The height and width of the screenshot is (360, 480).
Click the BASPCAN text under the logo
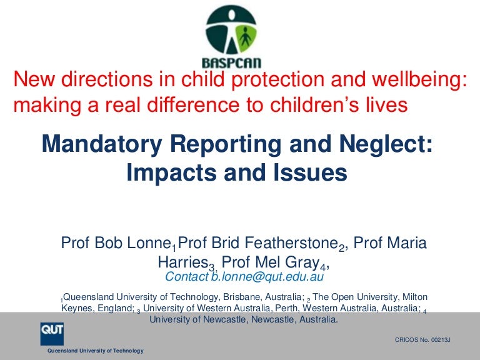[x=231, y=62]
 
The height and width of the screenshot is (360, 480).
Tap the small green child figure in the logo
[x=245, y=37]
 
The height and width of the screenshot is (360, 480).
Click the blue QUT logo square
[x=52, y=334]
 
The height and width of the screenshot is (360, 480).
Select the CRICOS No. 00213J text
[x=422, y=340]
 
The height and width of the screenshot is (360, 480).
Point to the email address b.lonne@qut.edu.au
[x=267, y=276]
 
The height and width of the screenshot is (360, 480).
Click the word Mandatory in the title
[x=102, y=144]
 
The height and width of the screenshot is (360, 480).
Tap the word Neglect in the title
[x=386, y=144]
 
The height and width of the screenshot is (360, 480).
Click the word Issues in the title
[x=310, y=172]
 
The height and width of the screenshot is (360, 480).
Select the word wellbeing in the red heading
[x=419, y=79]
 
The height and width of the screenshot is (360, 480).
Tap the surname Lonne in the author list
[x=148, y=242]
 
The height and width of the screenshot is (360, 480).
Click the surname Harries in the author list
[x=182, y=262]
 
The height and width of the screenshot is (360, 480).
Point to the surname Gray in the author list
[x=302, y=262]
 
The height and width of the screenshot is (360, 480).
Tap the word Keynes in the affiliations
[x=77, y=308]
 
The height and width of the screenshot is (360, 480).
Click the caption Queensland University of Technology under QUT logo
[x=96, y=351]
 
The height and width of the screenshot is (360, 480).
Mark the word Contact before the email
[x=186, y=276]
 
